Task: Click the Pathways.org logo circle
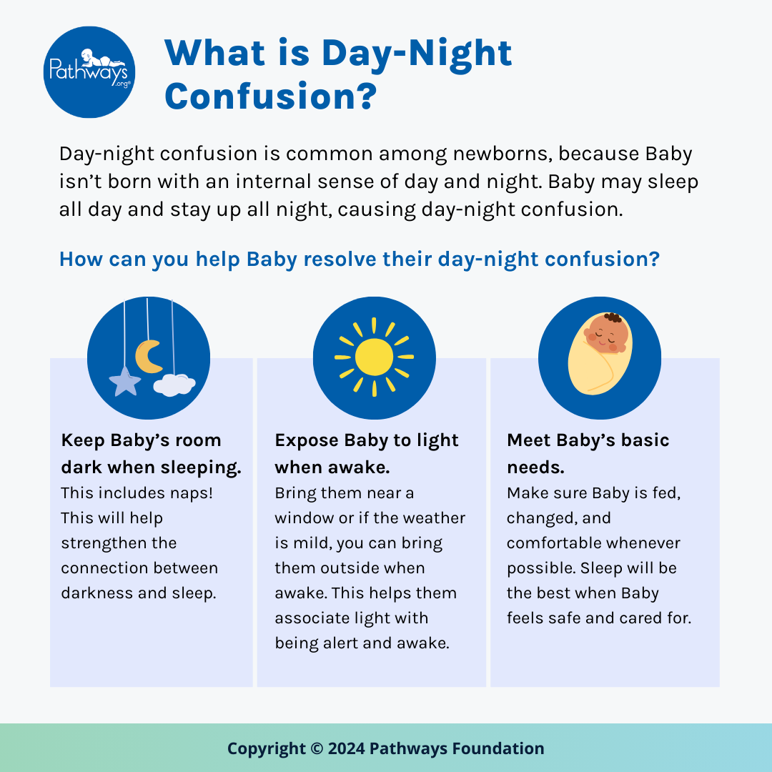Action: (89, 72)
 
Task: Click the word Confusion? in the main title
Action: (269, 95)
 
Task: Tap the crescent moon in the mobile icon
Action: (149, 356)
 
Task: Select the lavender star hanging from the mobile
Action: (125, 382)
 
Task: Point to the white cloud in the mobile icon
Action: (174, 385)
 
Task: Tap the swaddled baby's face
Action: (608, 335)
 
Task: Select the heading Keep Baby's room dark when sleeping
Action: (151, 454)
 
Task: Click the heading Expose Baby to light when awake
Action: (367, 454)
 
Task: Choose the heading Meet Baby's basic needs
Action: (588, 454)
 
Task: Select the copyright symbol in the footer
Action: (317, 749)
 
